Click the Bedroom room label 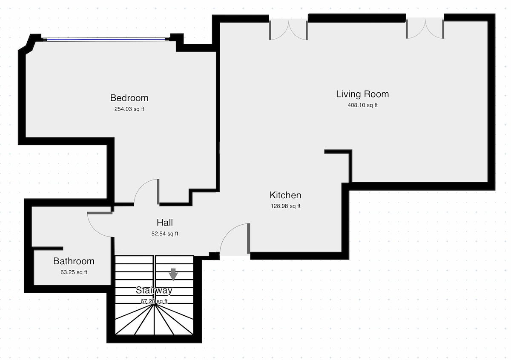(x=129, y=98)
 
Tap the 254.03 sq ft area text (x=129, y=109)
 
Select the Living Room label (x=362, y=94)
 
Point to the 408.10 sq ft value (x=362, y=105)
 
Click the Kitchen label (x=285, y=195)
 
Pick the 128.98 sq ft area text (x=285, y=206)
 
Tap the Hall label (x=165, y=223)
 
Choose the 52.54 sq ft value (x=165, y=234)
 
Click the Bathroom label (x=74, y=261)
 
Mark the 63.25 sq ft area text (x=74, y=272)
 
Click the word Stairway (x=154, y=290)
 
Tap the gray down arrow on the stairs (x=173, y=274)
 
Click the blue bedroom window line (x=106, y=40)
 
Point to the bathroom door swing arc (x=94, y=230)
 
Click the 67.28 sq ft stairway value (x=154, y=301)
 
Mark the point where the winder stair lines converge (x=154, y=304)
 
